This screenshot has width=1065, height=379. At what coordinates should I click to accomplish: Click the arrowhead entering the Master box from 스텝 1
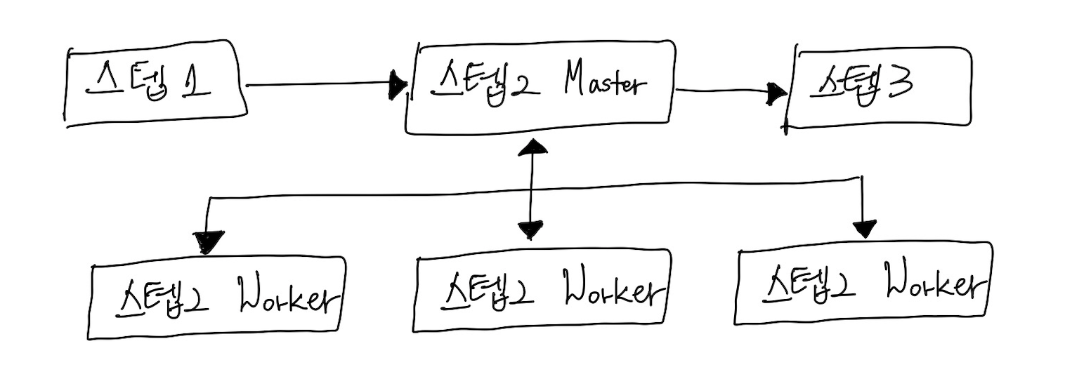pos(398,85)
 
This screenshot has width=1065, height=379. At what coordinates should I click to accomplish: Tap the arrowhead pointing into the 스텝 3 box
pos(776,93)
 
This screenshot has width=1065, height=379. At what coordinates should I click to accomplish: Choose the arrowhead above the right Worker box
pos(864,228)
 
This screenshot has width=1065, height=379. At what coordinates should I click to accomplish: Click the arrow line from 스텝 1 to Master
pos(316,85)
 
